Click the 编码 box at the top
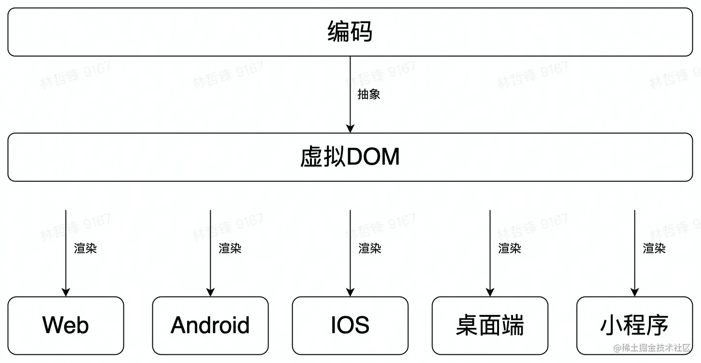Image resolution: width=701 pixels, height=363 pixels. click(350, 32)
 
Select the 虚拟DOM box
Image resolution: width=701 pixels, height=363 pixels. click(350, 157)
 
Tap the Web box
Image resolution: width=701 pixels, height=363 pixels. click(66, 325)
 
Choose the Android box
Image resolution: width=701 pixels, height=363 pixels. click(210, 325)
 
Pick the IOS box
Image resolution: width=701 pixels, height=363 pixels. click(350, 325)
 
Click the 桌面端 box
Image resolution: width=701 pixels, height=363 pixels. click(490, 325)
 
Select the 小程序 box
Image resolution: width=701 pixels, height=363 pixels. click(634, 325)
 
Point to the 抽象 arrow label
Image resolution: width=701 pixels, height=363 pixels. click(369, 94)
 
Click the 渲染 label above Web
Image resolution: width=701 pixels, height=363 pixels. click(85, 248)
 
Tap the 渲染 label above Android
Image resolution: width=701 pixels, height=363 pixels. click(230, 248)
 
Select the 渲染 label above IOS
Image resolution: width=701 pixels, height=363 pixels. click(370, 248)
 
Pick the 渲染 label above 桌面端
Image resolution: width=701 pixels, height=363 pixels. click(510, 248)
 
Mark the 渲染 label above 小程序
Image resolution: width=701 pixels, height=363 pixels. click(654, 248)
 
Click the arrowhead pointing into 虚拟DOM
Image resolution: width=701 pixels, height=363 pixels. click(350, 129)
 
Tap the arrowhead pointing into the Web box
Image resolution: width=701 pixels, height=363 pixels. click(66, 292)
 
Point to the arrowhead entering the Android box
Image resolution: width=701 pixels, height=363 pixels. click(211, 292)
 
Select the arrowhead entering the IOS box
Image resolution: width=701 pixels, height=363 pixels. click(350, 292)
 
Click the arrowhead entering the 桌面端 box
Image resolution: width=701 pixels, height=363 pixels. click(490, 292)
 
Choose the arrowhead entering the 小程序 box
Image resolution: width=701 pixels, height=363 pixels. click(635, 292)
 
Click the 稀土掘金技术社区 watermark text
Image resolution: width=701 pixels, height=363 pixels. click(657, 348)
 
